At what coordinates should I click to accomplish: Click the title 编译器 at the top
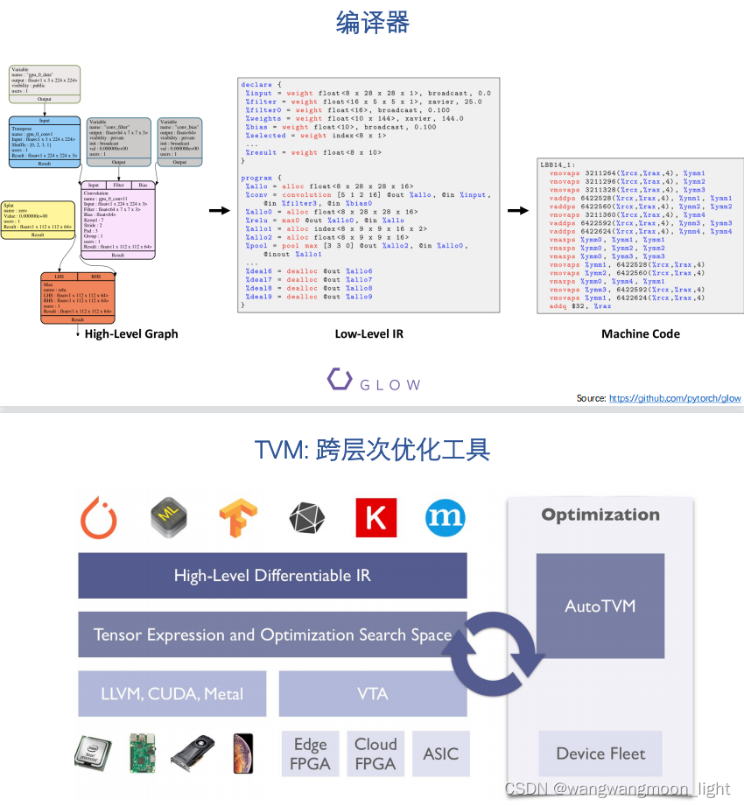click(372, 23)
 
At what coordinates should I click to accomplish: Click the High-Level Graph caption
click(131, 333)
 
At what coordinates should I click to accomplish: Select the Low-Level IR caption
click(368, 333)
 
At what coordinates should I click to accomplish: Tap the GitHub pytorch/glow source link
click(675, 398)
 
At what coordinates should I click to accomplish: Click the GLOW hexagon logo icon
click(340, 380)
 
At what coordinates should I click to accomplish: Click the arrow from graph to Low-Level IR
click(219, 211)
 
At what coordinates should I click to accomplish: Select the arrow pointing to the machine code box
click(517, 211)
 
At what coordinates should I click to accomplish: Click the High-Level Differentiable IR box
click(272, 575)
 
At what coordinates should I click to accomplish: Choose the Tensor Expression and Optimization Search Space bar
click(272, 634)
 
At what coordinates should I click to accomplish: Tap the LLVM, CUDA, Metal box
click(172, 694)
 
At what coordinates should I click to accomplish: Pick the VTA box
click(373, 694)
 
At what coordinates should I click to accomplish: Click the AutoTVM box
click(600, 606)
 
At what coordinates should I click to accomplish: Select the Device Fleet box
click(600, 753)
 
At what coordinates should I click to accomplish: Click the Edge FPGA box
click(310, 753)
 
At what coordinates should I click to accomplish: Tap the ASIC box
click(440, 753)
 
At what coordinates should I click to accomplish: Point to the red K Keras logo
click(376, 518)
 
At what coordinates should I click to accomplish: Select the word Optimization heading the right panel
click(600, 515)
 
